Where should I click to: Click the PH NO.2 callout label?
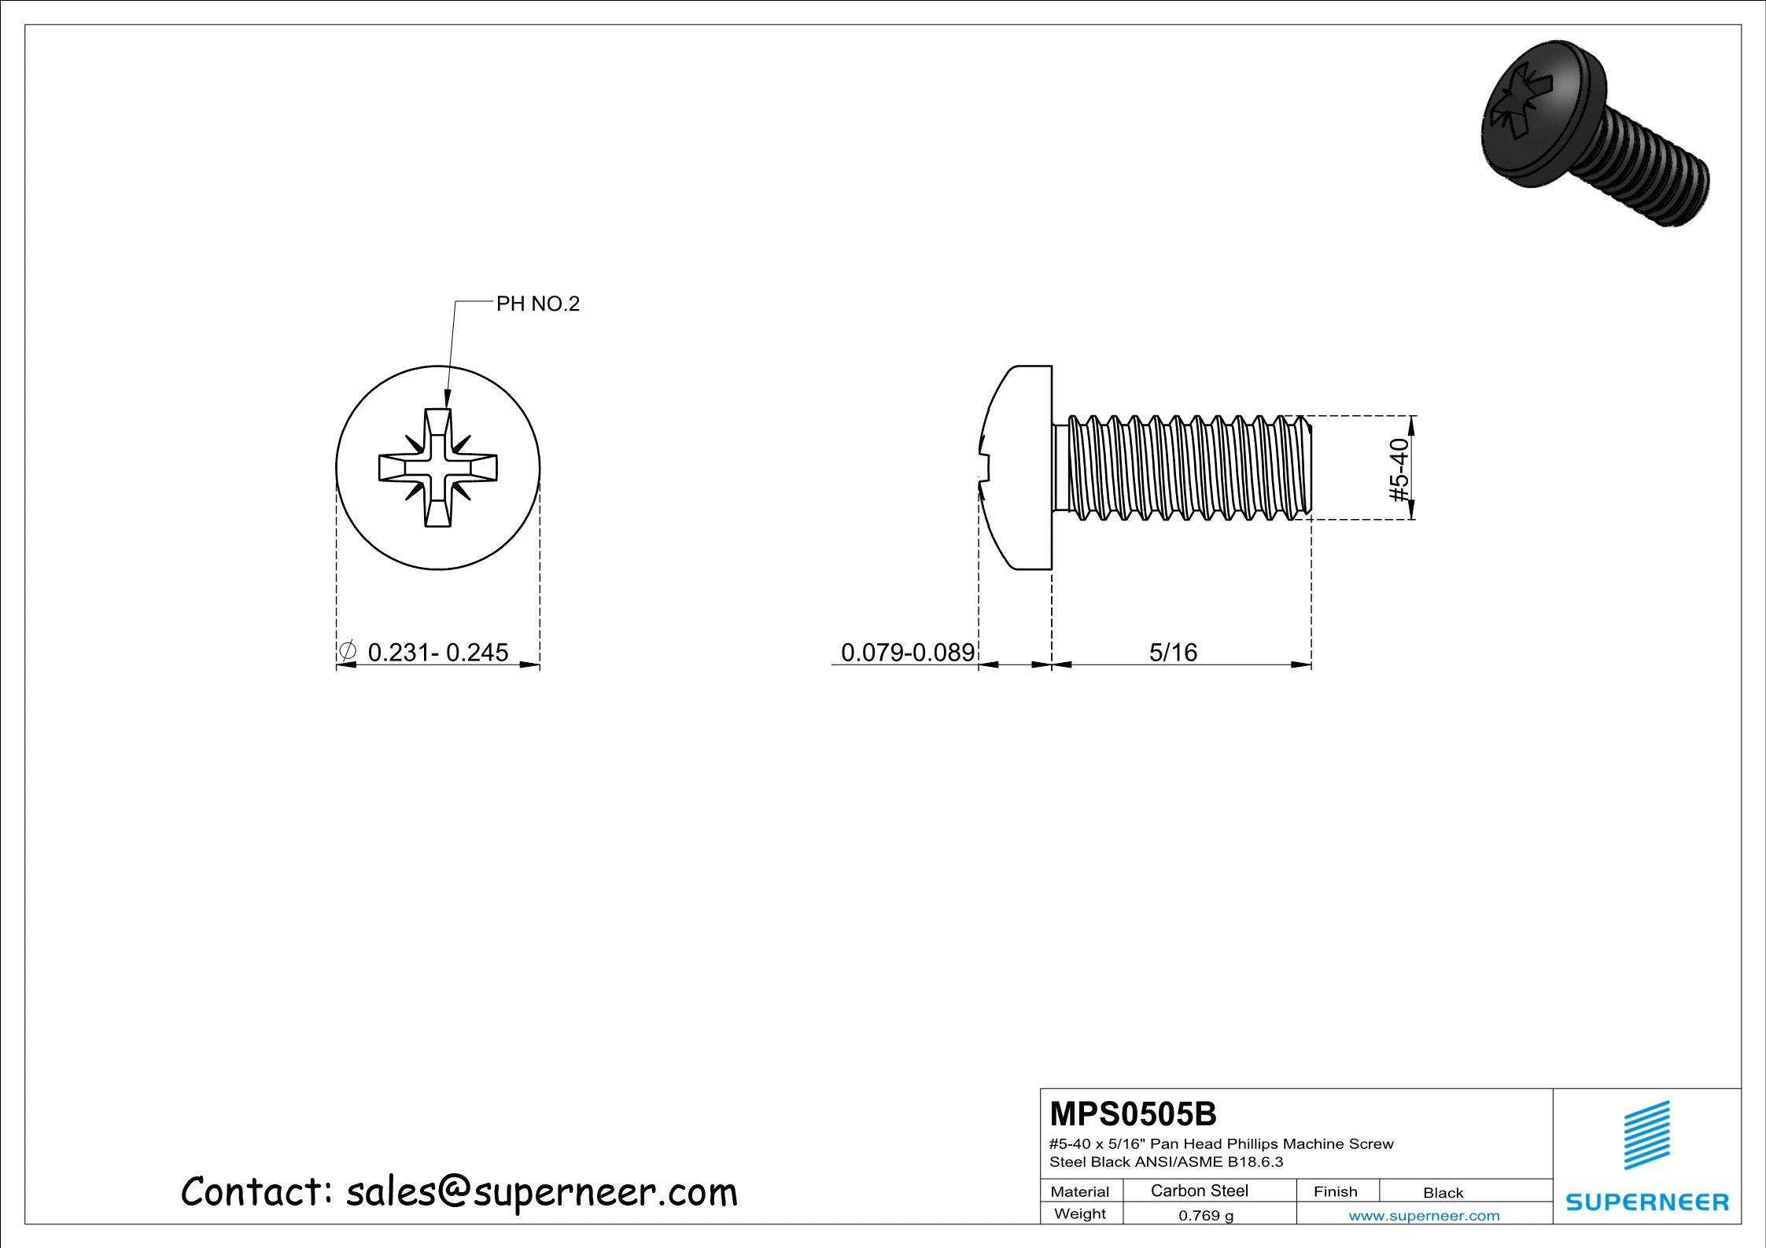click(x=537, y=304)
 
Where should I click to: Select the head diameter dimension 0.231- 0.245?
click(x=437, y=653)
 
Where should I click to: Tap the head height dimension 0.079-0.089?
click(x=907, y=653)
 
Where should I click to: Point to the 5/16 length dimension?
click(x=1173, y=653)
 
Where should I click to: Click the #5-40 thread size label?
click(x=1399, y=469)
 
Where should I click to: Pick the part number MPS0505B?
click(x=1133, y=1114)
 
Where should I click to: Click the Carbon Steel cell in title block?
click(x=1199, y=1191)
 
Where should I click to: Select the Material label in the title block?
click(x=1079, y=1192)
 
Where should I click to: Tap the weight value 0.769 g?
click(x=1205, y=1216)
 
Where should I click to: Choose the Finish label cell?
click(x=1335, y=1192)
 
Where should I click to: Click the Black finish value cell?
click(x=1443, y=1193)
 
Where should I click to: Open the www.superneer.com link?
click(x=1424, y=1216)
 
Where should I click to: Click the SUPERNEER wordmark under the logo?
click(x=1646, y=1202)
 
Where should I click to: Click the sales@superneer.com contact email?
click(x=541, y=1193)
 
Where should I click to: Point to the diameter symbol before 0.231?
click(x=347, y=652)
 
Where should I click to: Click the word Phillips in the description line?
click(x=1253, y=1144)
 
